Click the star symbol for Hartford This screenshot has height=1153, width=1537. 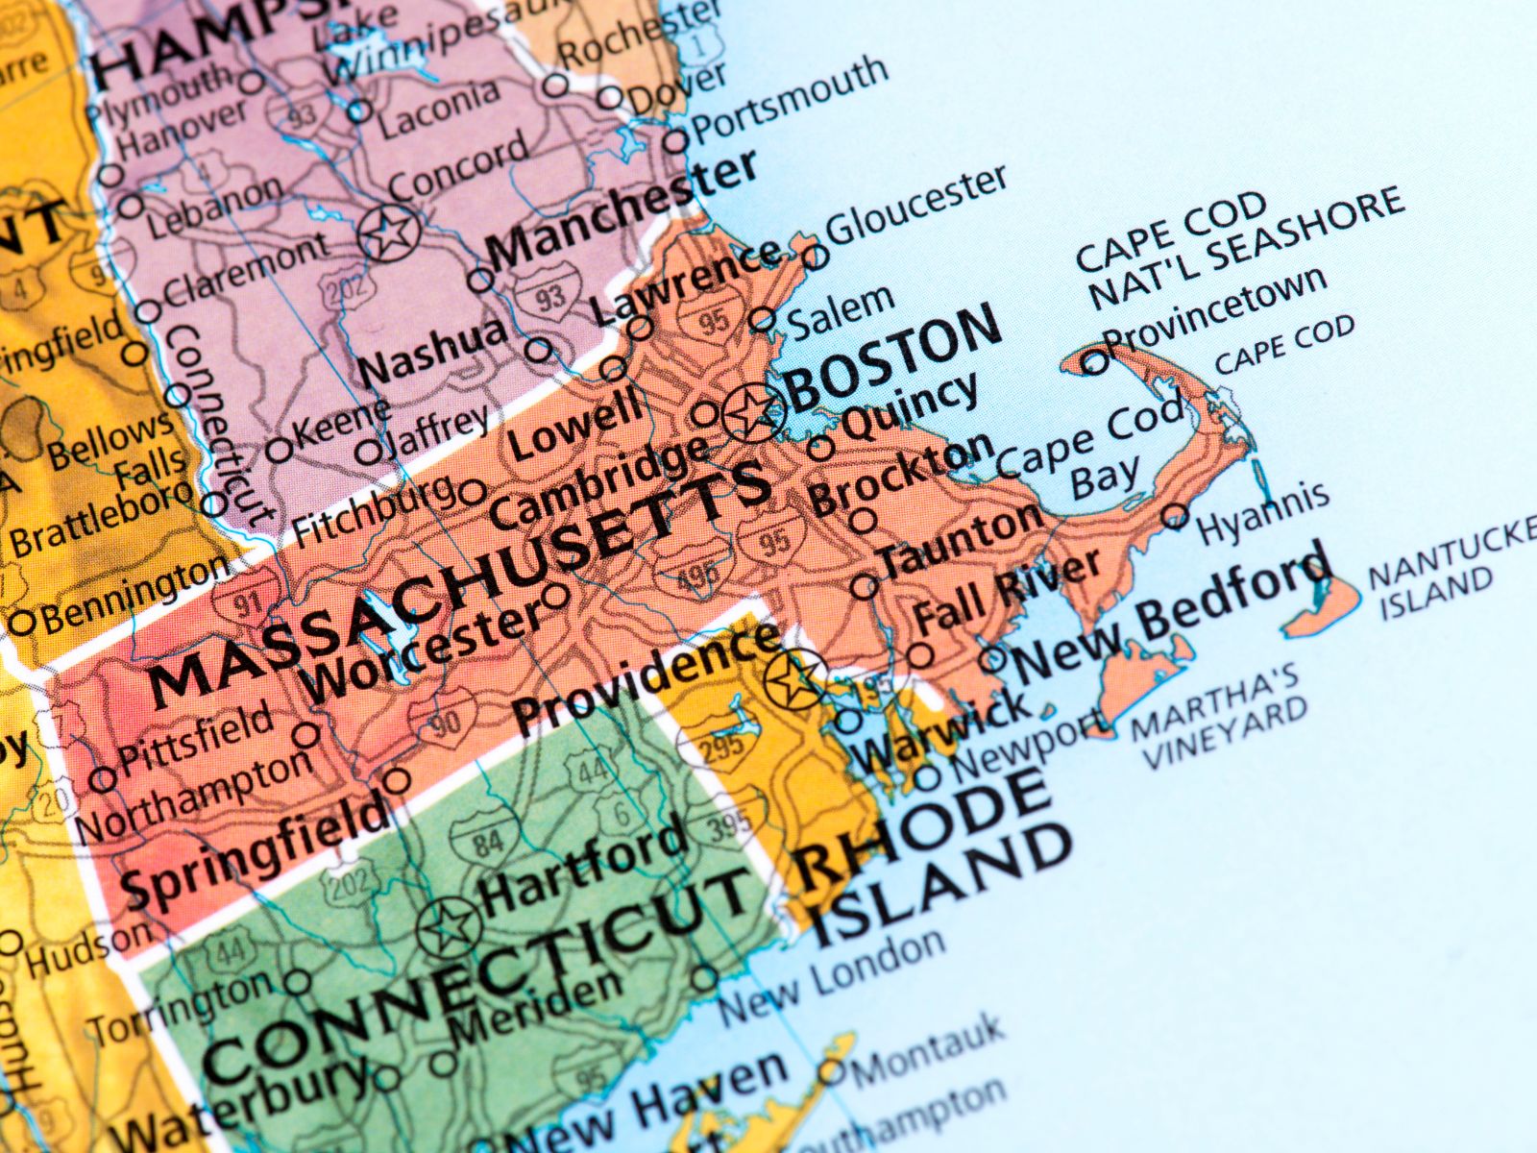[x=448, y=928]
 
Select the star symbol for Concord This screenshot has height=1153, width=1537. [x=389, y=232]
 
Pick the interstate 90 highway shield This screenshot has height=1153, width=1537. [x=444, y=720]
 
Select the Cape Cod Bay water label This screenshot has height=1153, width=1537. [x=1090, y=452]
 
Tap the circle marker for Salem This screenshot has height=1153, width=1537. [x=762, y=319]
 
